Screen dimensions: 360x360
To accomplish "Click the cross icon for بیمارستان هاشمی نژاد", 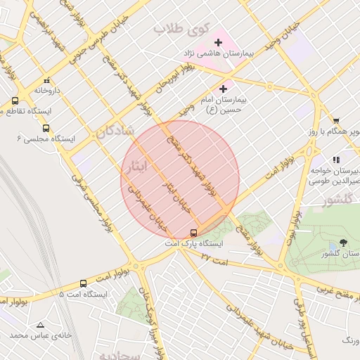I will [218, 43].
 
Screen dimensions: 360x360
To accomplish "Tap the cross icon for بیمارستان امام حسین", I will [224, 89].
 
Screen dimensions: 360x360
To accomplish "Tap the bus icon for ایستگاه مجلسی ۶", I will [46, 128].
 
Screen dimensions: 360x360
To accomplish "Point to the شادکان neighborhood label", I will [116, 131].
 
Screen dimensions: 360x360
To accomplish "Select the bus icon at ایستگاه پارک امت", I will [194, 233].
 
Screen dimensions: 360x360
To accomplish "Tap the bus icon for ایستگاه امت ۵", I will [83, 283].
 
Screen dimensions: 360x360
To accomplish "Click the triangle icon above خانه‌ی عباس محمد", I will [40, 325].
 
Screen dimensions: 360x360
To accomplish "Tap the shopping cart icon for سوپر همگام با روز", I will [336, 120].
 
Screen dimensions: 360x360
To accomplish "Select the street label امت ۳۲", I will [215, 259].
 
